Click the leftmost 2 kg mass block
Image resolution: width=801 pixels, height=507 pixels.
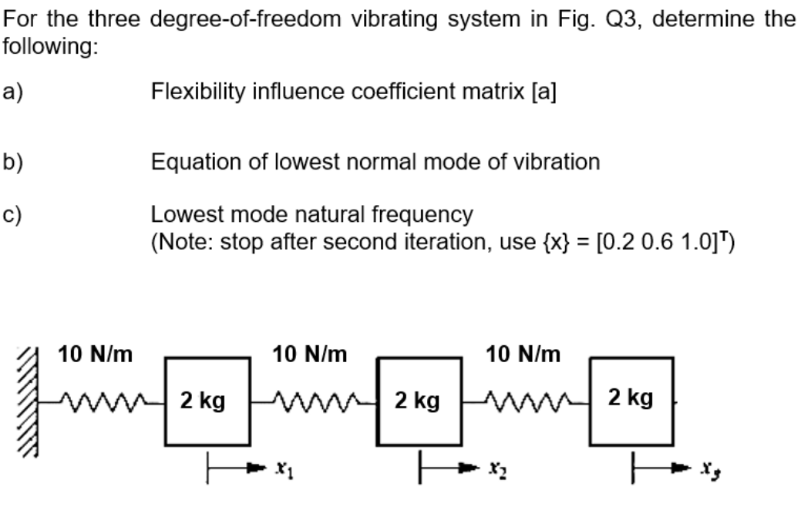tap(204, 401)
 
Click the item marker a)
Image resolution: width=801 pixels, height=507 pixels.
tap(13, 92)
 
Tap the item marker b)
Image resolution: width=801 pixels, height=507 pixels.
tap(13, 162)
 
